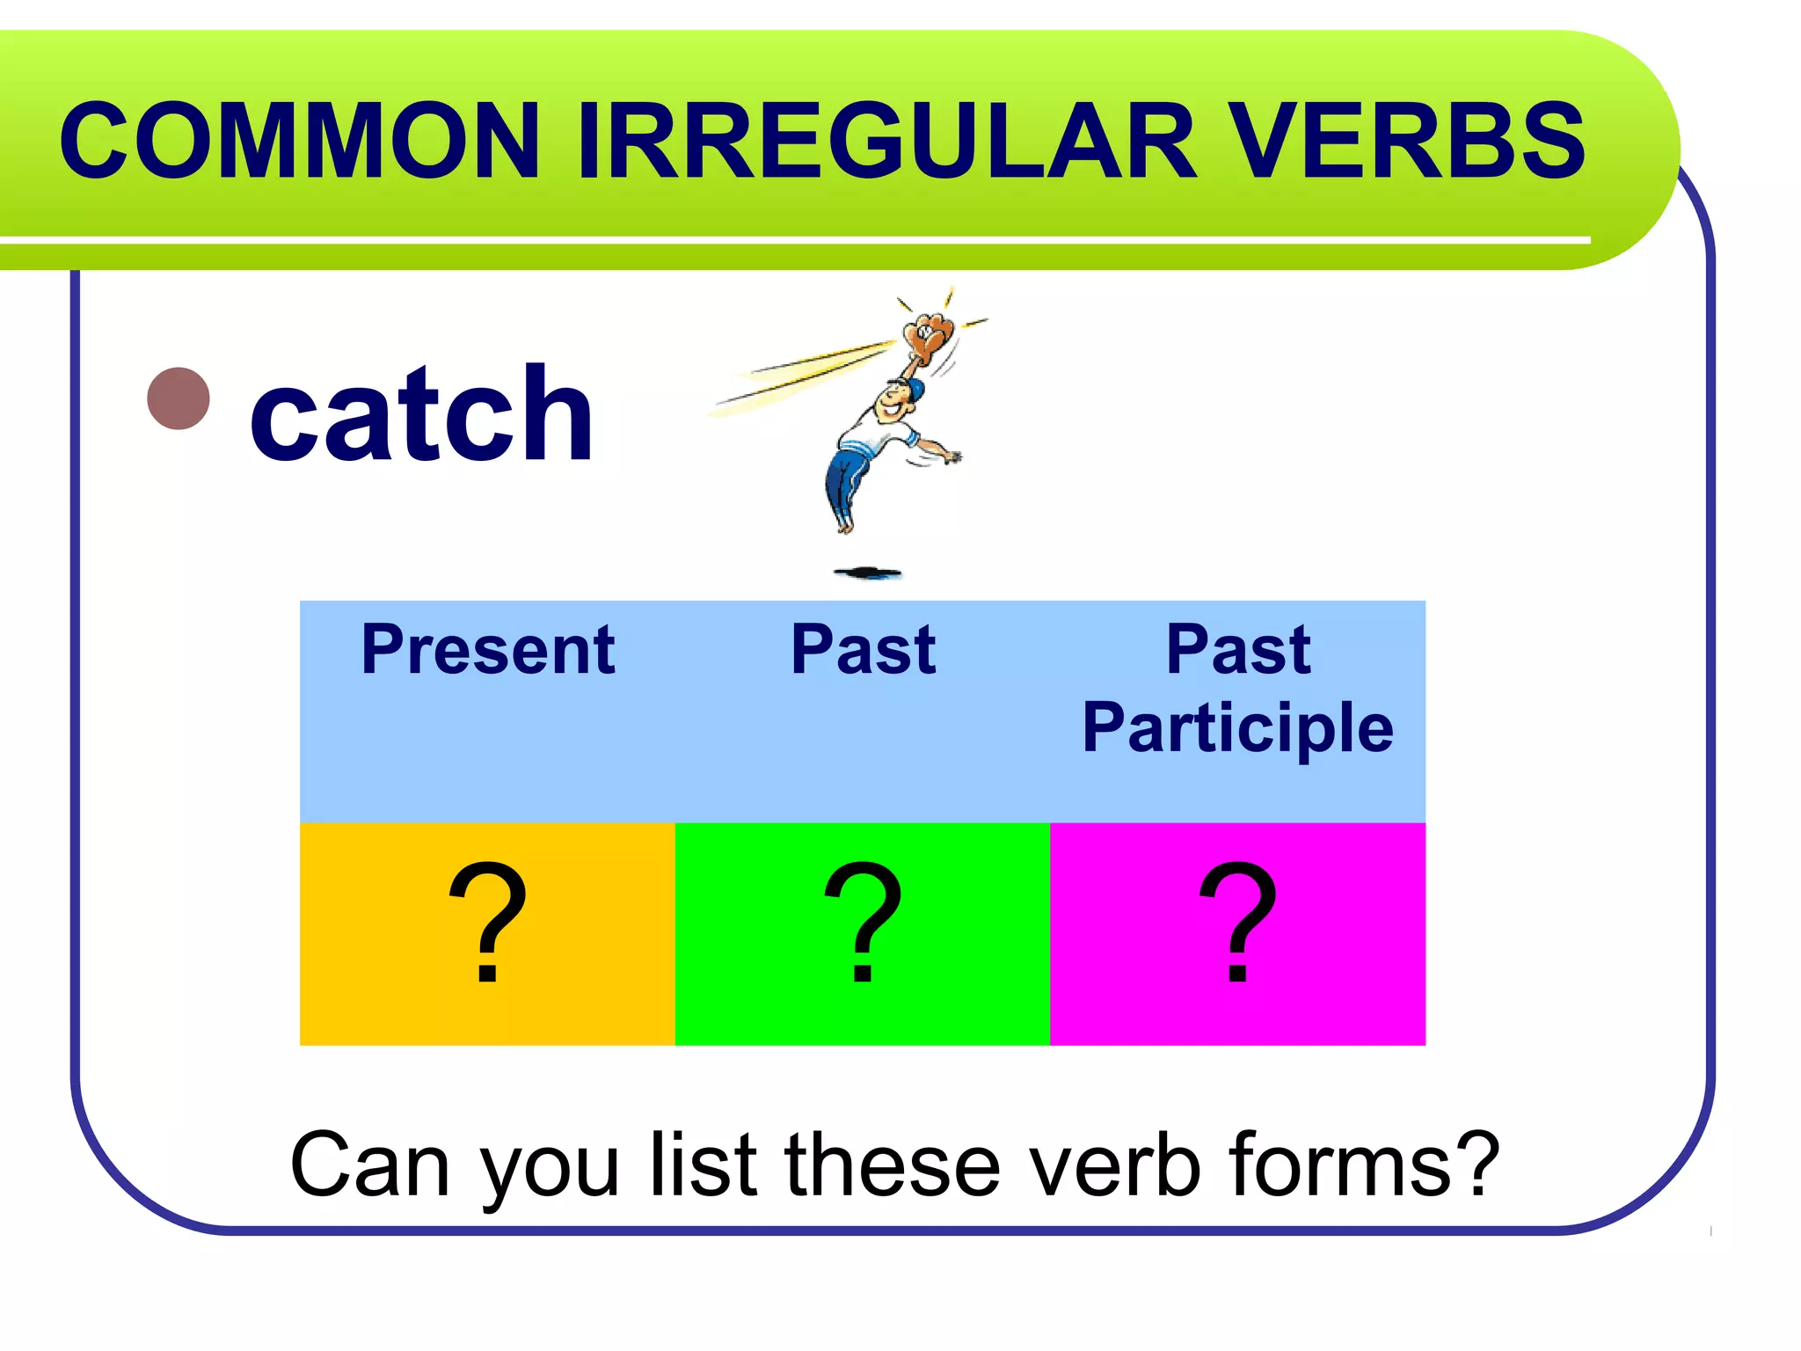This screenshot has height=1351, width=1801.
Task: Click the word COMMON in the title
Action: click(x=299, y=141)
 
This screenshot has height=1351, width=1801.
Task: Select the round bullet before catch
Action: click(x=179, y=398)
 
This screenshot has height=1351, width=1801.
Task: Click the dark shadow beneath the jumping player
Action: click(x=868, y=573)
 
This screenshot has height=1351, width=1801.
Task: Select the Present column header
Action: click(x=488, y=650)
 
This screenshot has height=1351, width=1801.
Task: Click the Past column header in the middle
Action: click(x=863, y=650)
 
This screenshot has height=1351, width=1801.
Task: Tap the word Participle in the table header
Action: click(x=1237, y=728)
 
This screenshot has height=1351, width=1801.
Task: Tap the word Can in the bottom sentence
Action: click(x=369, y=1165)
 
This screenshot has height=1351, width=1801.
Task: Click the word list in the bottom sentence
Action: click(x=704, y=1165)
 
